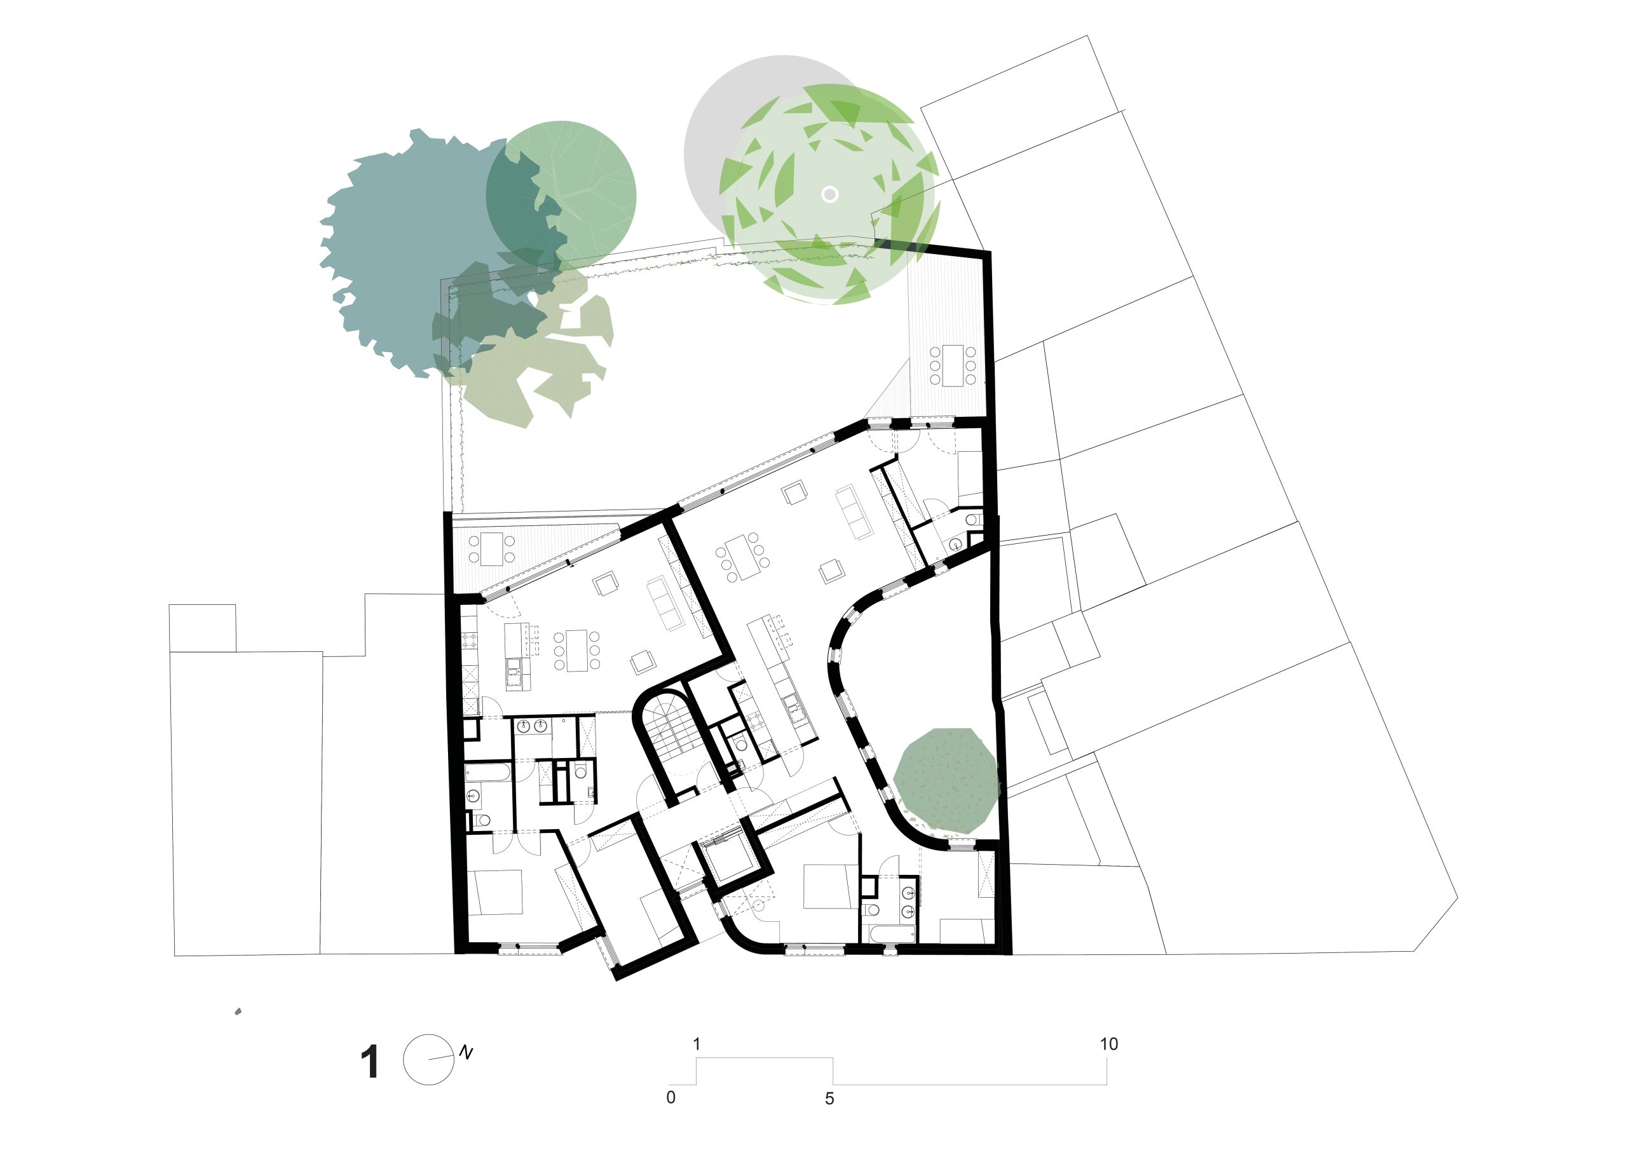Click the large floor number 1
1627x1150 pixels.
tap(370, 1062)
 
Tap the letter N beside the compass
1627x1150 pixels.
tap(466, 1052)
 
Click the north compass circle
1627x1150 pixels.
tap(428, 1059)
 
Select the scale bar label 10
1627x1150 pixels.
tap(1109, 1044)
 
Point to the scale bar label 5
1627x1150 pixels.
tap(830, 1099)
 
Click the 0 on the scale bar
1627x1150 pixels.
tap(671, 1097)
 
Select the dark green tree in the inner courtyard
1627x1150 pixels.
tap(946, 781)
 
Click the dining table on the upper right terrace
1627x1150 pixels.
tap(953, 365)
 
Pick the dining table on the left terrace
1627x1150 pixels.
tap(491, 549)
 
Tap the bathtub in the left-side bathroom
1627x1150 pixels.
tap(487, 773)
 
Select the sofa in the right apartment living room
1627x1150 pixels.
tap(854, 511)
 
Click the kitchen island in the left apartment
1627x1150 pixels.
tap(517, 656)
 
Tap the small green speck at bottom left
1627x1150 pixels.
tap(238, 1011)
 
